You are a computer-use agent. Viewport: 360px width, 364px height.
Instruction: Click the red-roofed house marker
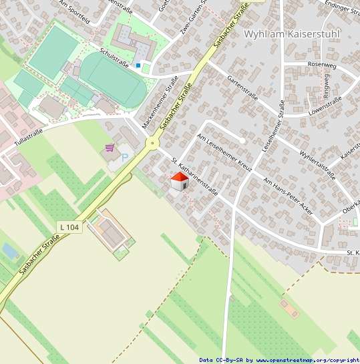click(178, 181)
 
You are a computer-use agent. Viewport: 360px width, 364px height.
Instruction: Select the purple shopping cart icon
click(110, 148)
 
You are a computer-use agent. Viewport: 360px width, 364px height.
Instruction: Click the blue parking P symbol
click(124, 158)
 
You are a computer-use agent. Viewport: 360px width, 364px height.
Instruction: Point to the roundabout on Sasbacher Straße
click(153, 142)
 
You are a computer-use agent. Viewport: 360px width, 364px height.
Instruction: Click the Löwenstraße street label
click(325, 106)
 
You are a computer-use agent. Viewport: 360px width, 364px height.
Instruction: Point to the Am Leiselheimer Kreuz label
click(224, 151)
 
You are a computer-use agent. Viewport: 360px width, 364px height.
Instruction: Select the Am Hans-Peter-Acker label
click(288, 196)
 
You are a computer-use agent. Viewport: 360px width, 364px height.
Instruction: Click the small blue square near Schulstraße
click(138, 65)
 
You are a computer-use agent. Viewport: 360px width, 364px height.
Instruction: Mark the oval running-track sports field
click(113, 79)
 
